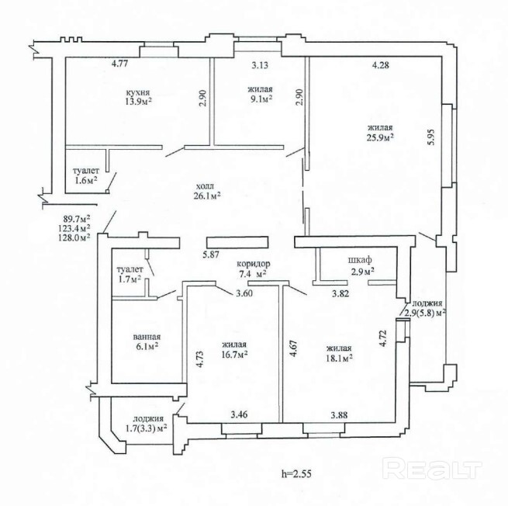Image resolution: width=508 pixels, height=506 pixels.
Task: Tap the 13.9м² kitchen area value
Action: (138, 102)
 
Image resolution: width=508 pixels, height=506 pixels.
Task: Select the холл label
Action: (205, 185)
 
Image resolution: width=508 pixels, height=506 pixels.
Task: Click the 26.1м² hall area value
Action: (205, 196)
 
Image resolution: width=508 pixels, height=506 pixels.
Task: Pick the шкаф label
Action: (358, 261)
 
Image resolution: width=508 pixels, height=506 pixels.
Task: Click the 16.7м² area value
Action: (233, 354)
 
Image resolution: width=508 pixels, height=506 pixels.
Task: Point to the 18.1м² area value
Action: (340, 358)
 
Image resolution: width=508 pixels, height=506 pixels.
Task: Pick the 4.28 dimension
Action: (380, 66)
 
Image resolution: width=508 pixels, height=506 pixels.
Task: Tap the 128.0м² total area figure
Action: (75, 238)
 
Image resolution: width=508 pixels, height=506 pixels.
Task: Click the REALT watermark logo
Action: (434, 469)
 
